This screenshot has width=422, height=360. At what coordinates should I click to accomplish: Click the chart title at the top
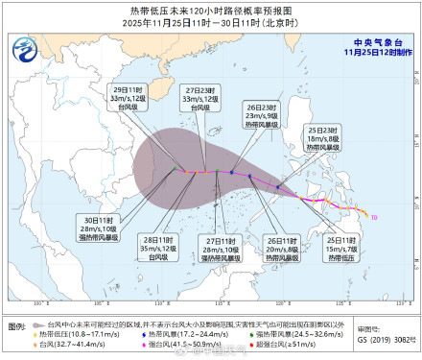tap(211, 9)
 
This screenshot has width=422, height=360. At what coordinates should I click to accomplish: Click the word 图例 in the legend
tap(16, 327)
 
